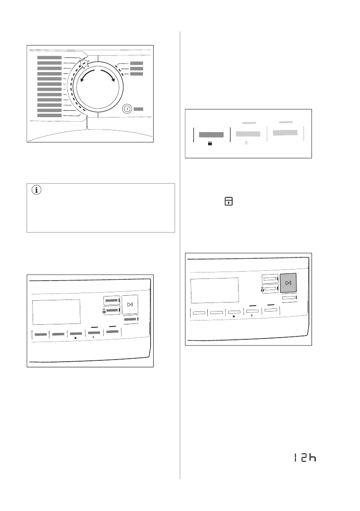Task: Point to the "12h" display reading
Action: point(305,458)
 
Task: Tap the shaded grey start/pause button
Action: point(288,283)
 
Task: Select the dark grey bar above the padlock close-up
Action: point(211,134)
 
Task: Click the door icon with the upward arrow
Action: point(230,201)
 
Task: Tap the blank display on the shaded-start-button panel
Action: point(214,290)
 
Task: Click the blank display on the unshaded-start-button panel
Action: point(56,312)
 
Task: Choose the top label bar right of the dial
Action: point(136,63)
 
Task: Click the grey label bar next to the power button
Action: point(138,109)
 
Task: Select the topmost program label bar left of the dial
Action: point(49,57)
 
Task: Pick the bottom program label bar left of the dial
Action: point(49,115)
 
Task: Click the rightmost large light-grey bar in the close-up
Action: point(285,133)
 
